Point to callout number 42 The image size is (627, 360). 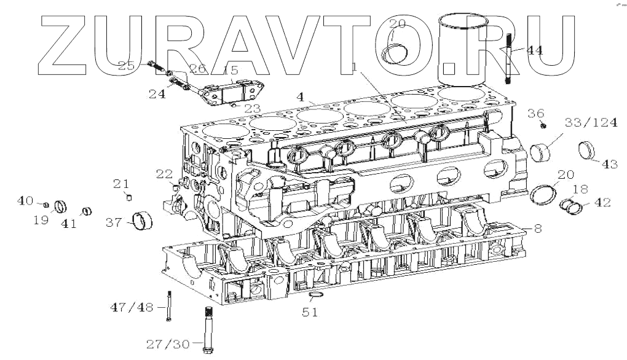click(603, 202)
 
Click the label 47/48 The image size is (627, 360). click(131, 307)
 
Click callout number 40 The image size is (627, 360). click(25, 200)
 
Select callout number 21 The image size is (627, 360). click(120, 183)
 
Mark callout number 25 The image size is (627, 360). click(126, 66)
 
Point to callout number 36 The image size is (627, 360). click(535, 113)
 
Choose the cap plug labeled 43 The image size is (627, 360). click(587, 150)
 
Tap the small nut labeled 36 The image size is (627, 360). click(545, 125)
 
